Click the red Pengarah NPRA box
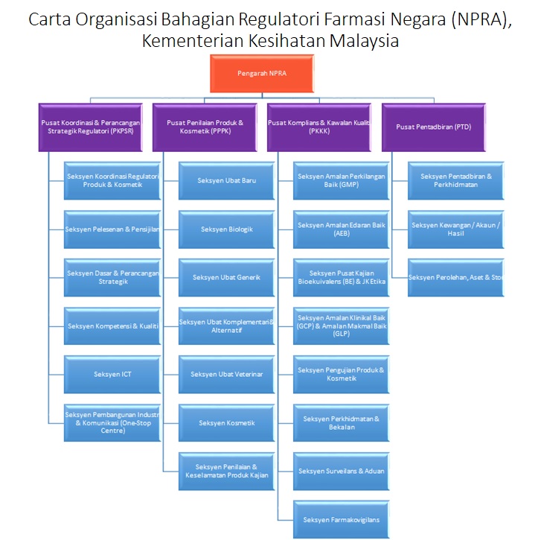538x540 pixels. pos(261,74)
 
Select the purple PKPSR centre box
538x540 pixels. pos(93,127)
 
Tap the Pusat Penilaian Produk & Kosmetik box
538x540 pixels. pos(205,127)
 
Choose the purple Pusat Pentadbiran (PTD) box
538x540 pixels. pos(433,127)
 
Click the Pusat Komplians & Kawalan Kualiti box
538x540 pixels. pos(319,127)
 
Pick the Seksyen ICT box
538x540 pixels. pos(112,374)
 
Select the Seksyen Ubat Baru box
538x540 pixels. pos(226,180)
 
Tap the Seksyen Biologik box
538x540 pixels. pos(226,229)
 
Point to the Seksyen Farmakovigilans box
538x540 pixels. pos(341,519)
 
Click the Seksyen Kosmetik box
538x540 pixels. pos(226,423)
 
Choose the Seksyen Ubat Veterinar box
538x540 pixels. pos(226,374)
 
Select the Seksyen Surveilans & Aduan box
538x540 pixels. pos(341,471)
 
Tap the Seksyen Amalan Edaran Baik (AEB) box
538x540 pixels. pos(341,229)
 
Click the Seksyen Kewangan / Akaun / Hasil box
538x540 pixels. pos(456,229)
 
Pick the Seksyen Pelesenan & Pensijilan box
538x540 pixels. pos(112,229)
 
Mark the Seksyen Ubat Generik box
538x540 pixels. pos(226,277)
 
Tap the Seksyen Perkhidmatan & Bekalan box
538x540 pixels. pos(341,422)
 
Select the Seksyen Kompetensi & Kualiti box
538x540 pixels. pos(112,325)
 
